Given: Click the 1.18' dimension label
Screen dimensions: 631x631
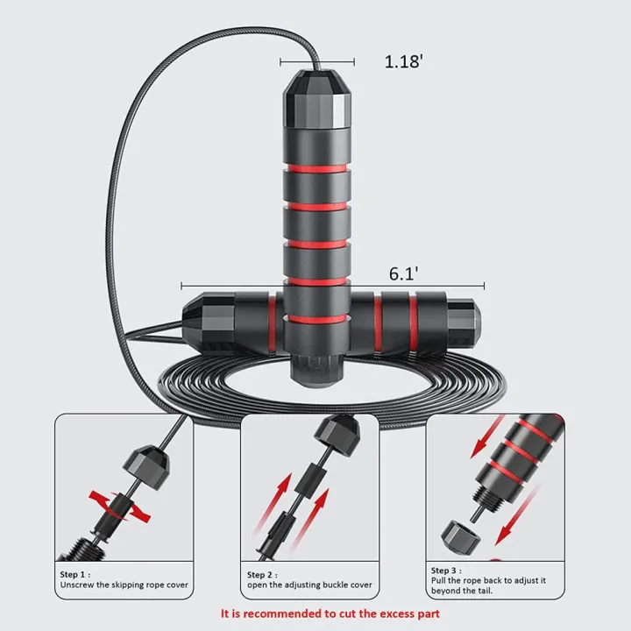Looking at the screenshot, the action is [x=404, y=61].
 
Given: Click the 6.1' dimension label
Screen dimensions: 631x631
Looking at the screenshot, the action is [x=404, y=273].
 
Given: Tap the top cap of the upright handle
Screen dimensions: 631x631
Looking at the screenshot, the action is [x=317, y=98].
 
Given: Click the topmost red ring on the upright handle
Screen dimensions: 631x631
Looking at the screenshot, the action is [x=317, y=168].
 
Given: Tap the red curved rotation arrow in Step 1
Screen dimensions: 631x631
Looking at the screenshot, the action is [x=119, y=506].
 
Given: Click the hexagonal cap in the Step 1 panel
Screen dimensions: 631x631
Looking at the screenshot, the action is [x=146, y=467].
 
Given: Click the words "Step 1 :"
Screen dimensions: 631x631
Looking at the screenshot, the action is [x=75, y=574].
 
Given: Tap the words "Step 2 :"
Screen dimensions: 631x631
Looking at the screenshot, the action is [x=262, y=575].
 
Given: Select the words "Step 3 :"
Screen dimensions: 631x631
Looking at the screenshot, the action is [x=446, y=571].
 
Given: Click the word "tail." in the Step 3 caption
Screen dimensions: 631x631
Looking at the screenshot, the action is [x=483, y=591].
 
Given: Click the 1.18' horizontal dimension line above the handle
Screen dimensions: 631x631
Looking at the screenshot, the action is [x=317, y=61].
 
